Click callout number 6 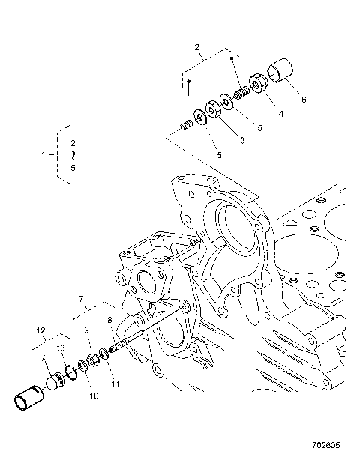click(x=304, y=99)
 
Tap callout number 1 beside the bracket click(x=42, y=155)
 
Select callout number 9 click(x=87, y=330)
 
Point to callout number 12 click(x=40, y=329)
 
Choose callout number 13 click(x=61, y=348)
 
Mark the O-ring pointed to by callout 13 click(x=69, y=372)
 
